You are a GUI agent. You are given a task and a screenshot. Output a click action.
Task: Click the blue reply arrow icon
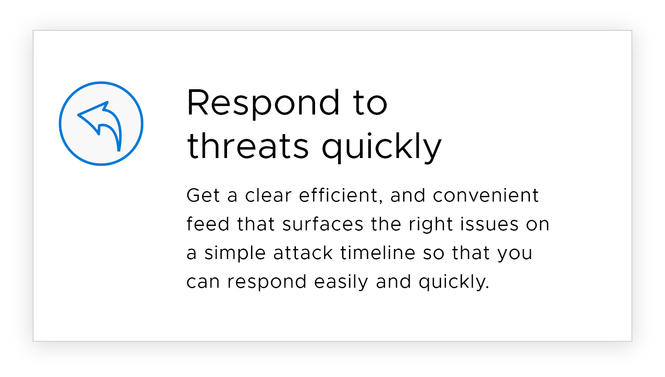[101, 123]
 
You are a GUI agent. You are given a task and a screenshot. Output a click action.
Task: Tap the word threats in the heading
[248, 145]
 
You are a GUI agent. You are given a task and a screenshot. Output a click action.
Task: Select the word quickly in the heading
[382, 148]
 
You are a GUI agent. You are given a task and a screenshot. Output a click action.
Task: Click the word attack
[303, 252]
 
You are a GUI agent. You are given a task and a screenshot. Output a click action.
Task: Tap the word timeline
[378, 252]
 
